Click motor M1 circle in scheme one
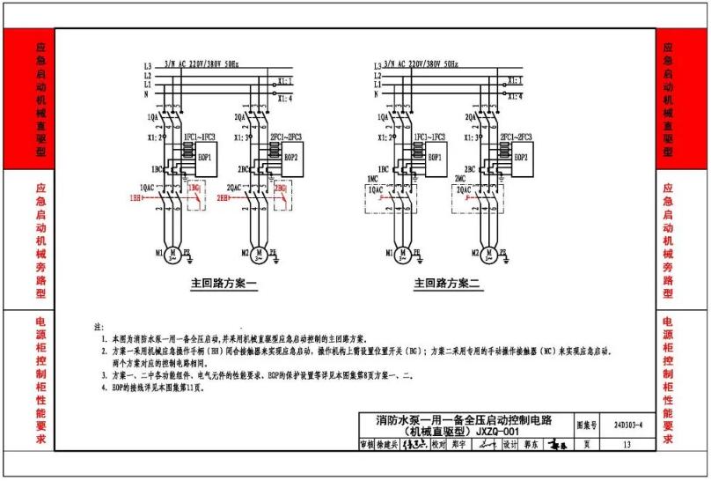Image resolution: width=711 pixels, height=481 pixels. point(172,255)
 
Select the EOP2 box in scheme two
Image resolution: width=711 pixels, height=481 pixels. point(520,158)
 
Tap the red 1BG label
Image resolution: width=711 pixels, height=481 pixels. point(194,188)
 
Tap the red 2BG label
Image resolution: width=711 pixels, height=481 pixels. point(281,188)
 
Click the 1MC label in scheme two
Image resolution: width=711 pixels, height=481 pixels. point(372,179)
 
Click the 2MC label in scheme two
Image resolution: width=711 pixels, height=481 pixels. point(458,179)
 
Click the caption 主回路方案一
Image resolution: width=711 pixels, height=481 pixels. point(224,285)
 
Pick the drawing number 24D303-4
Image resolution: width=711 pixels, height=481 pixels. point(628,425)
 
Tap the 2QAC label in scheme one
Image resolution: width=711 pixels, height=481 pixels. point(235,188)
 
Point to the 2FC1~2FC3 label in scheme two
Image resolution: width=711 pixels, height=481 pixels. point(512,137)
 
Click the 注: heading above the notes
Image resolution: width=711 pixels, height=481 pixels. point(99,327)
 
